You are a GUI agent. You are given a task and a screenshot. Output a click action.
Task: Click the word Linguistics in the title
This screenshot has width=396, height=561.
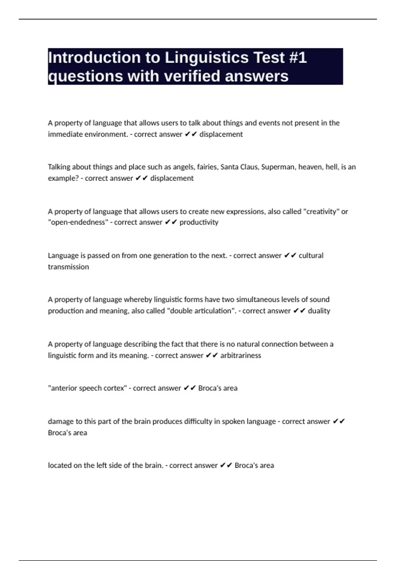[x=206, y=58]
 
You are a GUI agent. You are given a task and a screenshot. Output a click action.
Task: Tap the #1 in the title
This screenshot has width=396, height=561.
[x=298, y=58]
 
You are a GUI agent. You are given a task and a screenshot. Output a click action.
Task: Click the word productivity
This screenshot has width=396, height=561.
[x=199, y=222]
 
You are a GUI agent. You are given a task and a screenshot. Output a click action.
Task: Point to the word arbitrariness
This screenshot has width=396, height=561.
[x=241, y=355]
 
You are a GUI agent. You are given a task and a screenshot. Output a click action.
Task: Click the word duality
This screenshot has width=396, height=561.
[x=319, y=311]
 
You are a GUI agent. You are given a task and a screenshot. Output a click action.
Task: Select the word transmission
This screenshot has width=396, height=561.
[x=68, y=267]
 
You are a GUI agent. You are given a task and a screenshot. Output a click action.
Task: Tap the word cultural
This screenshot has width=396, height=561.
[x=311, y=256]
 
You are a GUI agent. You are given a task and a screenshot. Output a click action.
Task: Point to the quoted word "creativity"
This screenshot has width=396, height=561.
[x=321, y=212]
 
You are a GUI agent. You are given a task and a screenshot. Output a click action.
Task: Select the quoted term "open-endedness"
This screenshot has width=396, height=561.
[x=78, y=222]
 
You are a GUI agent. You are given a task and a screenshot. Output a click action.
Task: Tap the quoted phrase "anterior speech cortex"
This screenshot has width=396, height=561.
[x=87, y=388]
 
